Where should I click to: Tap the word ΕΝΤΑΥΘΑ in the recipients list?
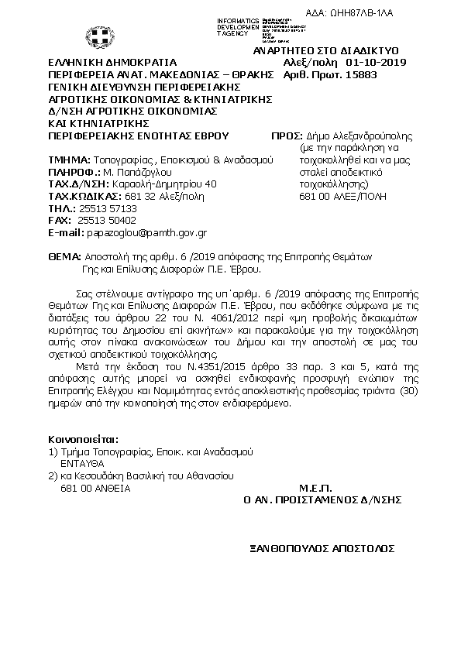point(83,462)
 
